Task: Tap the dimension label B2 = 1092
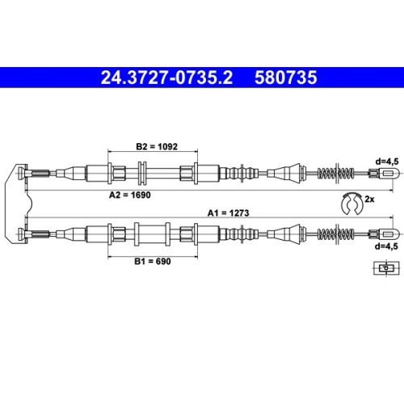(155, 148)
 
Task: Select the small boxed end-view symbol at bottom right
(387, 267)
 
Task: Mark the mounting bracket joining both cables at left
(18, 202)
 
